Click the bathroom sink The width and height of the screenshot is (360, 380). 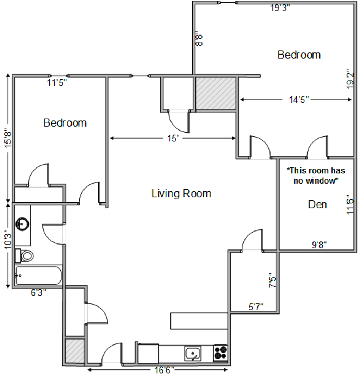pos(22,224)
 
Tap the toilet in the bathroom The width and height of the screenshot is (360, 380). pos(25,256)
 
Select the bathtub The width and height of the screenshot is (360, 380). pos(39,275)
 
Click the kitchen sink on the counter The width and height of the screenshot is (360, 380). pos(193,353)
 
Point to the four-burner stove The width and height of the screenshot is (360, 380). pos(221,353)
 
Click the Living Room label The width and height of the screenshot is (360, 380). pos(181,194)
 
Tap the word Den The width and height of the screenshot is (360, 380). pos(317,204)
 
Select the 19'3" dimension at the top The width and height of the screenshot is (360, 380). pos(280,8)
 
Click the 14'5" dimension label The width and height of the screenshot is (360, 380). pos(299,100)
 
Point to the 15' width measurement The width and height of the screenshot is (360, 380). pos(173,138)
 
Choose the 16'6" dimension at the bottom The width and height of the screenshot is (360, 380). pos(165,370)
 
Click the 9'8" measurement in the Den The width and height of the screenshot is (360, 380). pos(319,245)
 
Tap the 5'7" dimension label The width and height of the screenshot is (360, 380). pos(256,307)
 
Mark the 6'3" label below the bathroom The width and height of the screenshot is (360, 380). pos(38,292)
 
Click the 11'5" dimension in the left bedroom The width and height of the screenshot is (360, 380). pos(57,83)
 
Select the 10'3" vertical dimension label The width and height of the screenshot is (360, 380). pos(8,239)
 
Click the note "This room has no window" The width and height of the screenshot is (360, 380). pos(316,176)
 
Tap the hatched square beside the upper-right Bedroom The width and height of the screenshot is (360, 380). pos(216,93)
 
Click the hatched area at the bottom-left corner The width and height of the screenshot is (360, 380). pos(75,351)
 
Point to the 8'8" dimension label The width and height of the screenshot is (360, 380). pos(199,39)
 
